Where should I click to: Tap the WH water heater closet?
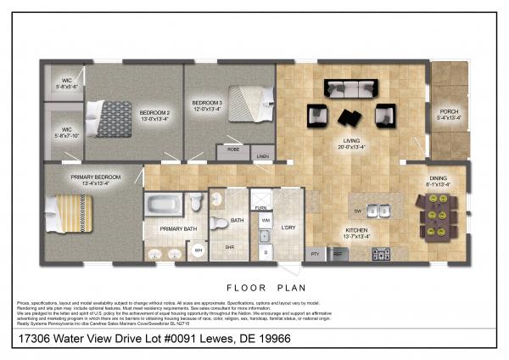198,250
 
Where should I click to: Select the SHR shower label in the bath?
228,247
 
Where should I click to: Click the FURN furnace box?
261,207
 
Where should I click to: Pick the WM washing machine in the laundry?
265,222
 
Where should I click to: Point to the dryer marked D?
265,251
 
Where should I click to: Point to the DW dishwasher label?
357,209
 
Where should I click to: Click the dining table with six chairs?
437,216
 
